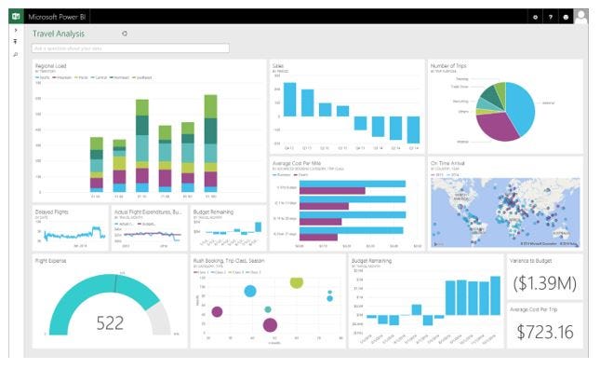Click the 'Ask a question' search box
[130, 48]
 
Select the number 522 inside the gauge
[110, 323]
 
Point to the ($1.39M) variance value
[544, 281]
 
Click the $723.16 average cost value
[544, 332]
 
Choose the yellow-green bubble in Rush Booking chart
[297, 281]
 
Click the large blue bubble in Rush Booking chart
[250, 292]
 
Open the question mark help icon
[550, 17]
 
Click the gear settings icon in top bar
[535, 17]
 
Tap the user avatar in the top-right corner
[581, 16]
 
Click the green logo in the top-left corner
[15, 16]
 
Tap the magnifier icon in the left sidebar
[15, 55]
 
